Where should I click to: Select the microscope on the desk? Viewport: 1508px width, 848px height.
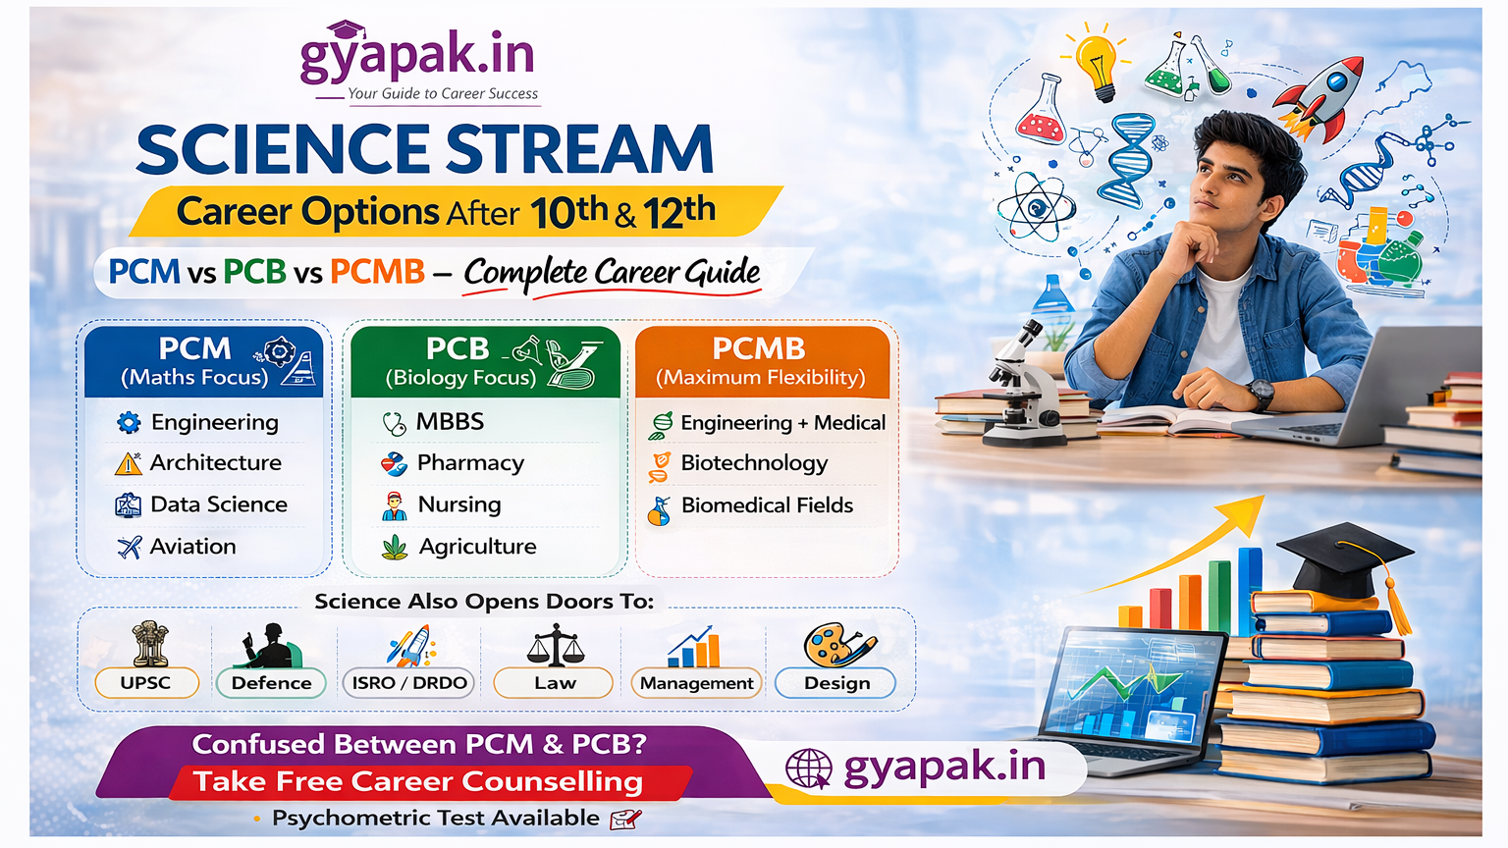pos(1022,383)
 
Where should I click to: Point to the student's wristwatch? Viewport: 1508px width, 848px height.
pos(1262,394)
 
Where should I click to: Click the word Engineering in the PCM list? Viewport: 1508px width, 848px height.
pos(215,423)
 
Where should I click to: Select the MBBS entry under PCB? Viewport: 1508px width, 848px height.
pos(450,422)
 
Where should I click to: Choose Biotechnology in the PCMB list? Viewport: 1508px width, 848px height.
pos(754,463)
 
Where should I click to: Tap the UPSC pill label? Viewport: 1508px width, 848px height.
pos(146,683)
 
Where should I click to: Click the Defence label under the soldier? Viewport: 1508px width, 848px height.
pos(271,683)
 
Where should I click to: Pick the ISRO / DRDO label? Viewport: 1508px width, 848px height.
pos(409,683)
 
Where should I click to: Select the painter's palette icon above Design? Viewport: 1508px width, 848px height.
pos(836,646)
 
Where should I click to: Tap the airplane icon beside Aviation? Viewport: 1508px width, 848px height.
pos(130,547)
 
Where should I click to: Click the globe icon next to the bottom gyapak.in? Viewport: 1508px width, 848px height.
pos(809,768)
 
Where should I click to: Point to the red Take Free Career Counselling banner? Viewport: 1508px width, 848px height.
pos(418,782)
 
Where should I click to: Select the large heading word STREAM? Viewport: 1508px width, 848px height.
pos(579,150)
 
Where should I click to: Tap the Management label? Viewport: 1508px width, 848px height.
pos(696,683)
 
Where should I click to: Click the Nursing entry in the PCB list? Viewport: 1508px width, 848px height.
pos(459,504)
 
